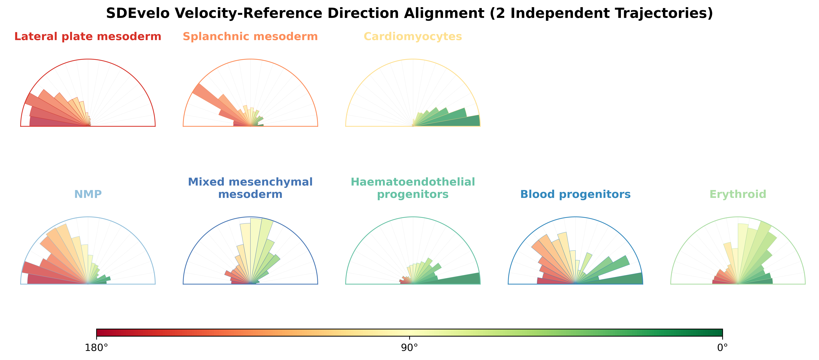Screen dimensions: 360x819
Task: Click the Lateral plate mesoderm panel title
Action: point(88,37)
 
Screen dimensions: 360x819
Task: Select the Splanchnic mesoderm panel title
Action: point(250,37)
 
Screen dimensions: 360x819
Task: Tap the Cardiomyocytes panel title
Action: point(413,37)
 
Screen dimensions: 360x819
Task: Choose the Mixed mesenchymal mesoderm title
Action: point(250,188)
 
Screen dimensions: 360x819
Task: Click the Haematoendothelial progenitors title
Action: point(413,188)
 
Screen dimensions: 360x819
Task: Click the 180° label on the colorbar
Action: point(96,348)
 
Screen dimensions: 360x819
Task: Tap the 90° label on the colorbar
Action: point(410,348)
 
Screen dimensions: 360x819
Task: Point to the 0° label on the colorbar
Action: point(722,348)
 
